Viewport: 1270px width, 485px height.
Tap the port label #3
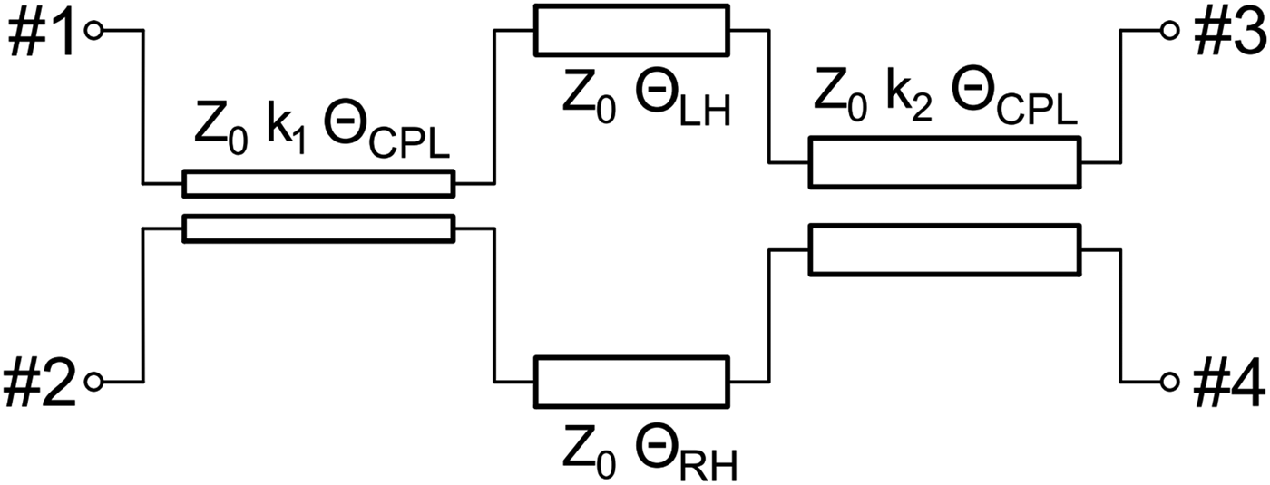tap(1225, 33)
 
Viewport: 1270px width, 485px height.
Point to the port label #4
tap(1225, 382)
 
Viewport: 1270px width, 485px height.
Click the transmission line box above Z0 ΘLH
tap(631, 30)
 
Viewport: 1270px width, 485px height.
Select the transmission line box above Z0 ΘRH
tap(631, 381)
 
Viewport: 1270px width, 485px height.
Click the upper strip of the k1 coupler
tap(317, 183)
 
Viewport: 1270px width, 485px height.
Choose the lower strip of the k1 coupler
tap(317, 228)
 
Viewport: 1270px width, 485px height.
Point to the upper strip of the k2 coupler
tap(944, 162)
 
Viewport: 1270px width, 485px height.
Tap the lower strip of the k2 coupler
tap(944, 250)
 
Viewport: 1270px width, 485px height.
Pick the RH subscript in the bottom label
tap(713, 467)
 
